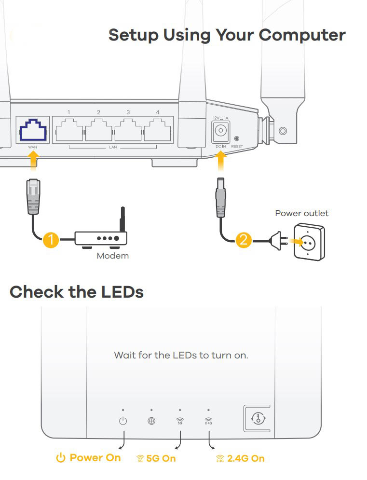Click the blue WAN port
click(x=32, y=129)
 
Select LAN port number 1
click(x=69, y=129)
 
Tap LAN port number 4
click(x=157, y=129)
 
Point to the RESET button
click(x=236, y=138)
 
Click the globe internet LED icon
click(x=151, y=421)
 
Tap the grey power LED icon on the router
click(x=123, y=421)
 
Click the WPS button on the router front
click(x=259, y=418)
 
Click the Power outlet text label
click(x=302, y=213)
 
